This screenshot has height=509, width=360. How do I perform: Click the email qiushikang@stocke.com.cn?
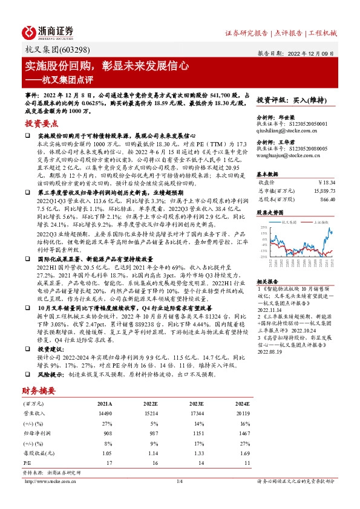tap(286, 130)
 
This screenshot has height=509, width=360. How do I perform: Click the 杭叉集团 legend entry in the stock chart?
tap(287, 222)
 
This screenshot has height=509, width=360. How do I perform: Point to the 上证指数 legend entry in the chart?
tap(320, 222)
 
